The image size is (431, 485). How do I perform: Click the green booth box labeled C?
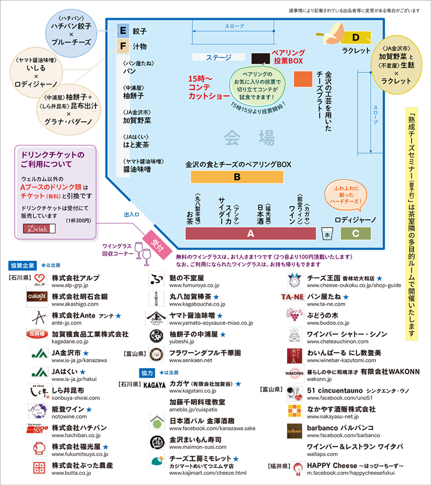356,233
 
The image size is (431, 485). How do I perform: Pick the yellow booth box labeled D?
356,37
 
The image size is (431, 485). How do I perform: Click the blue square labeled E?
123,31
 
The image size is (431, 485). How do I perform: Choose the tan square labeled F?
123,46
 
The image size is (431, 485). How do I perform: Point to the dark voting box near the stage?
261,59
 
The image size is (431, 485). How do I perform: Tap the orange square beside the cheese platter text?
303,79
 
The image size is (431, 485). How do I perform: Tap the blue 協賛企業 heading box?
22,265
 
